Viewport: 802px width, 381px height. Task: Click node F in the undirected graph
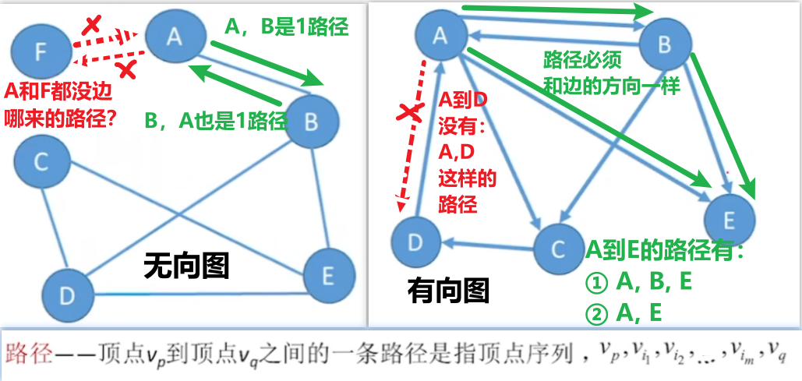[41, 52]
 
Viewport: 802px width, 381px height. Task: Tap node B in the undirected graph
[311, 122]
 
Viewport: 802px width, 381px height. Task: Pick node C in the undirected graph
[41, 162]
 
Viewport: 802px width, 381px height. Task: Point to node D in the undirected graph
[68, 295]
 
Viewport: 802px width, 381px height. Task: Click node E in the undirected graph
[328, 275]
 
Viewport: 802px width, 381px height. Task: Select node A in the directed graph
[440, 34]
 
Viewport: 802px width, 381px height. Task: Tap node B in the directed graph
[664, 44]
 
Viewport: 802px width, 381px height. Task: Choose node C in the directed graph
[558, 249]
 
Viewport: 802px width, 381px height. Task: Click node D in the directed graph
[415, 242]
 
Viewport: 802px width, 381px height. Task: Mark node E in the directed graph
[730, 218]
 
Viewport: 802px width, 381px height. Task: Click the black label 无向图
[187, 267]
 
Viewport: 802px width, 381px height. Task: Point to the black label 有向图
[448, 291]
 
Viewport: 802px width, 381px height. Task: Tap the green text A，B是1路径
[285, 27]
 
